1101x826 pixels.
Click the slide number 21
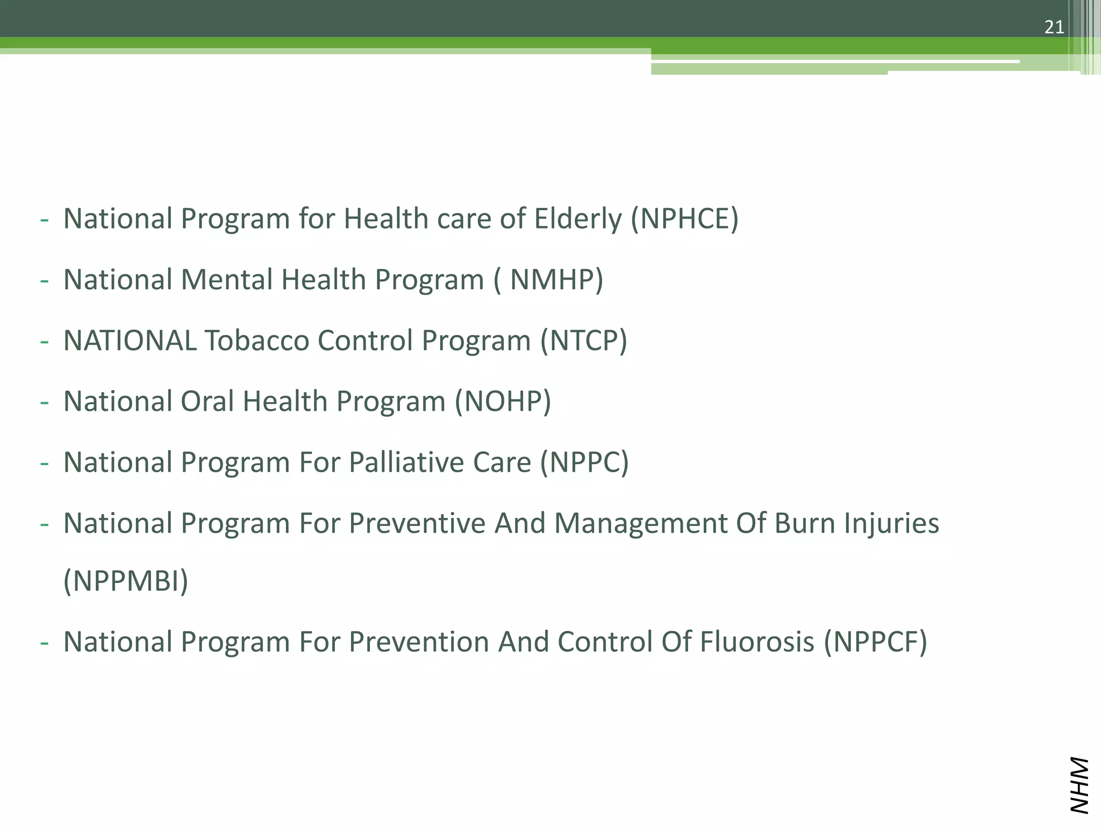(x=1054, y=27)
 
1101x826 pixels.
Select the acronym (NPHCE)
(x=684, y=219)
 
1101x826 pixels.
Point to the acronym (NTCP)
(x=584, y=340)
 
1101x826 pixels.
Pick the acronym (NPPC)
(x=584, y=462)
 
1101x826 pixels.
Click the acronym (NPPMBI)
(x=126, y=581)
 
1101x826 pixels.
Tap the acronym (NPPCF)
(x=876, y=642)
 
